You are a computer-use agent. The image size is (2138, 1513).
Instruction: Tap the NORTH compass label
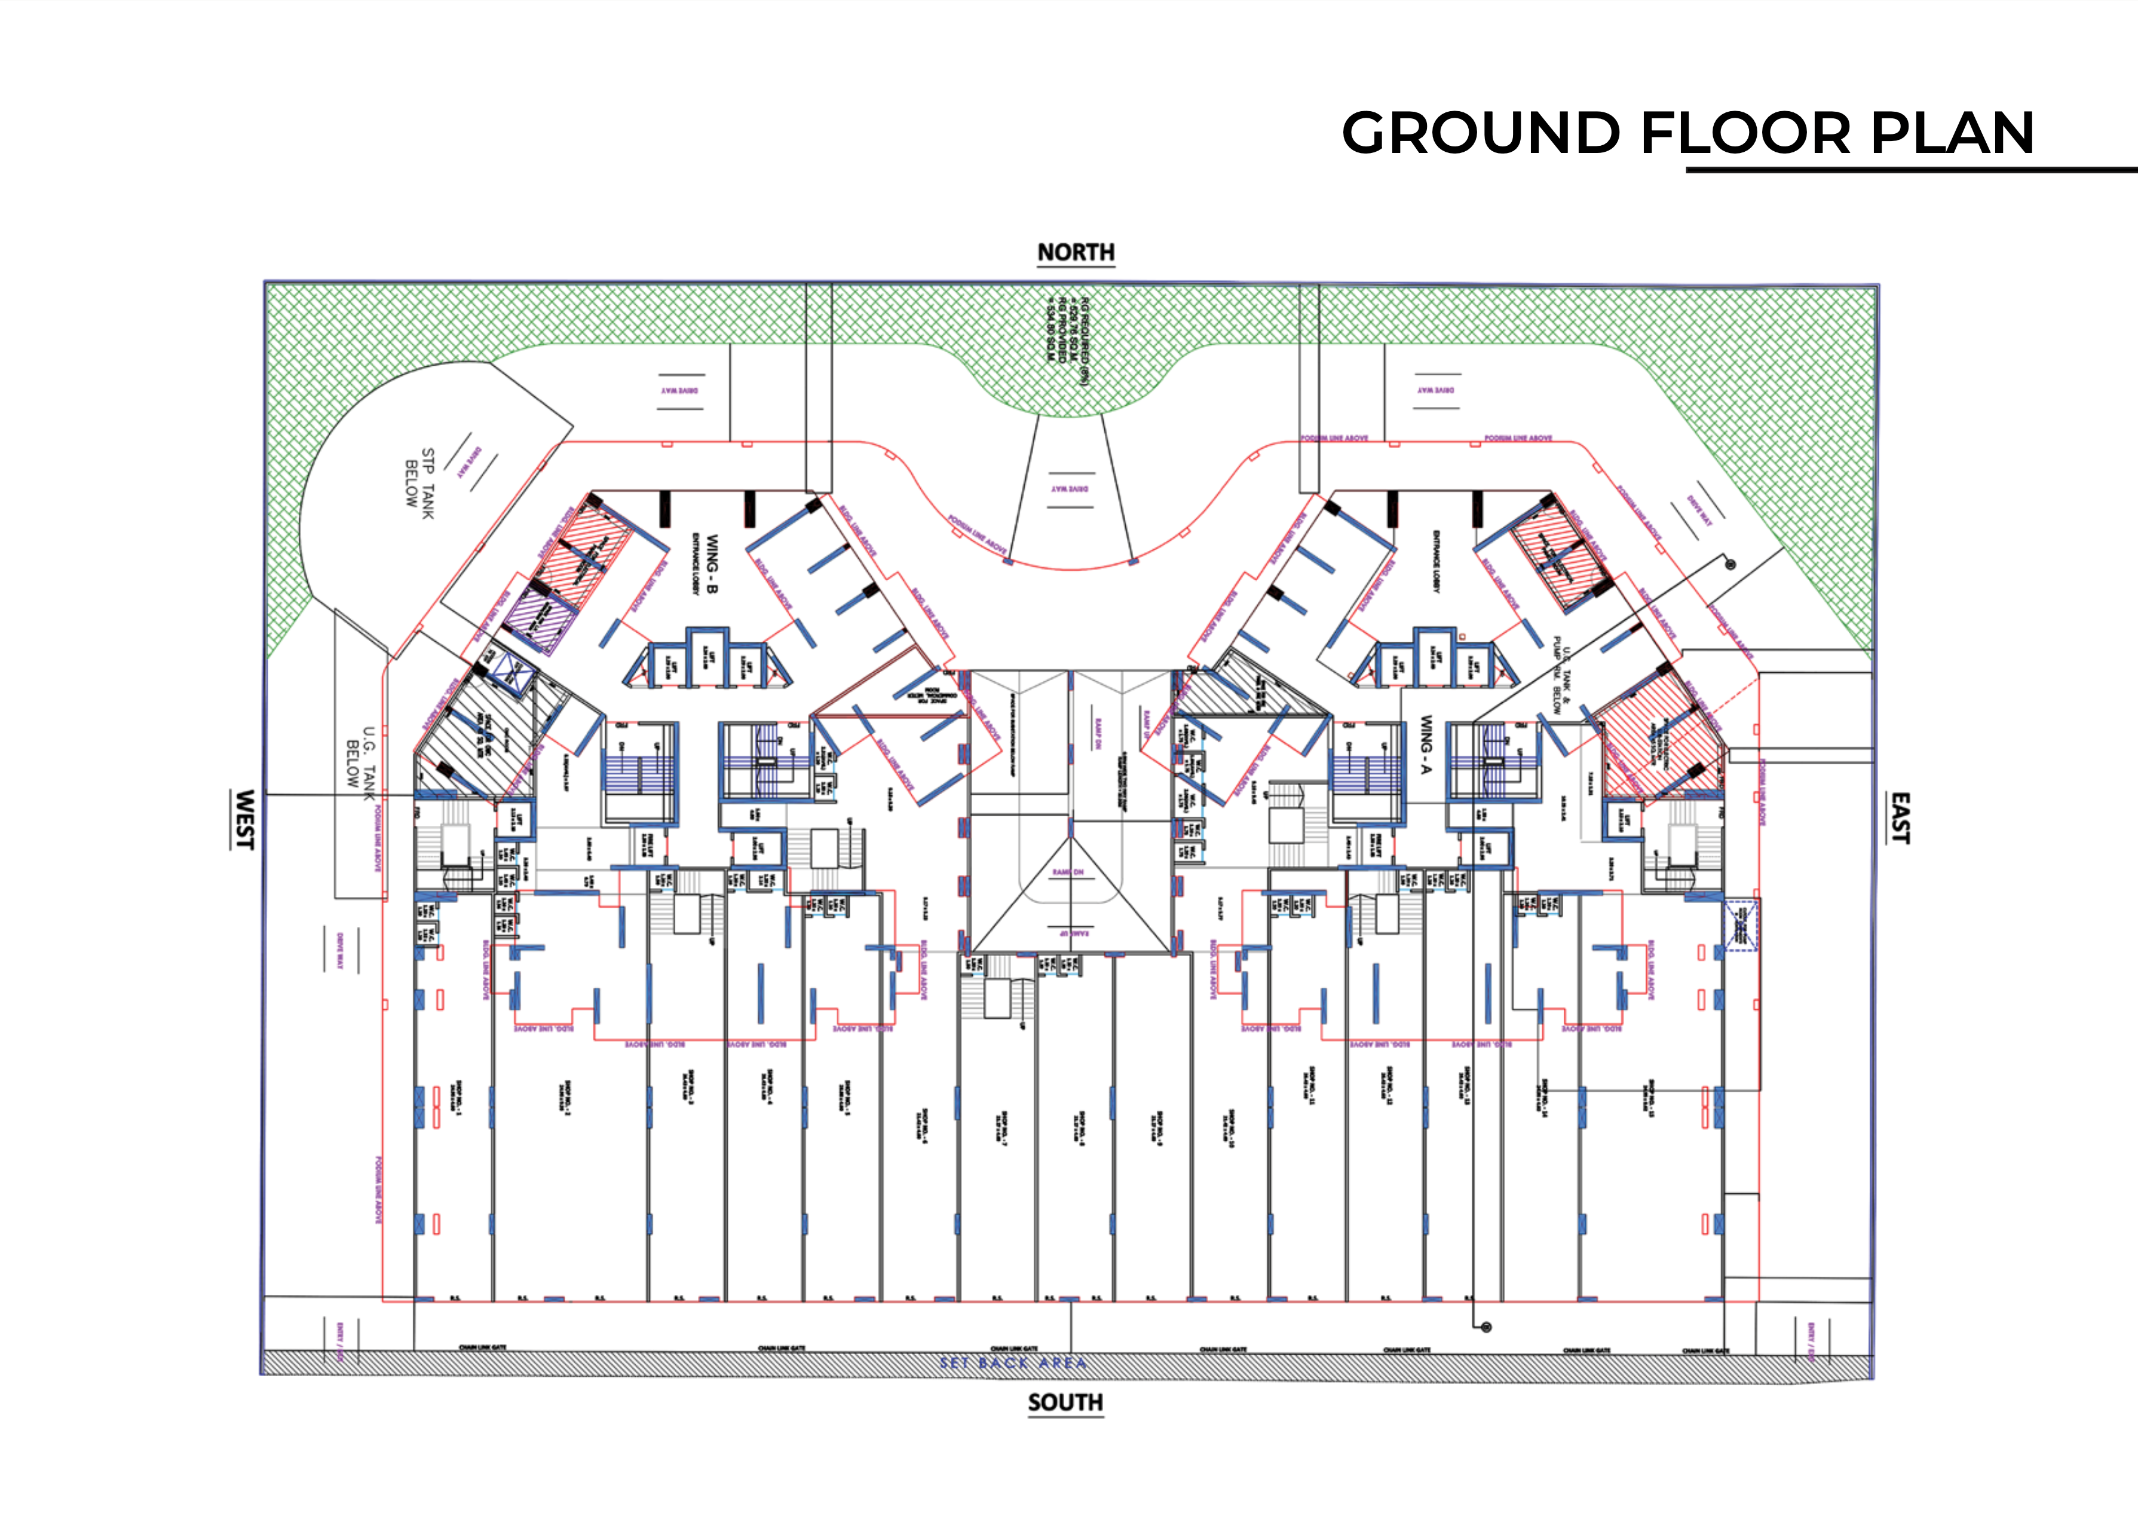1076,253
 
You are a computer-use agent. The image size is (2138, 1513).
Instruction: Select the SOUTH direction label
1065,1402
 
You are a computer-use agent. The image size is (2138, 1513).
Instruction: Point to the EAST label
1900,818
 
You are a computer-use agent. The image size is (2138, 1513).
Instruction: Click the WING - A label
1425,745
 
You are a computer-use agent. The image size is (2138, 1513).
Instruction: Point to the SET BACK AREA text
1013,1363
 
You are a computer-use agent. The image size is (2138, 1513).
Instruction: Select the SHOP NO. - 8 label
1079,1128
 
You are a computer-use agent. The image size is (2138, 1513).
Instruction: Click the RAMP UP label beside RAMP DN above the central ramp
1144,722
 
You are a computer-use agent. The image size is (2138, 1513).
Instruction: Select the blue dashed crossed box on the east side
1740,925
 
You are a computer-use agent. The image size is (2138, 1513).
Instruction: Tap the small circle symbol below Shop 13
1486,1327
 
